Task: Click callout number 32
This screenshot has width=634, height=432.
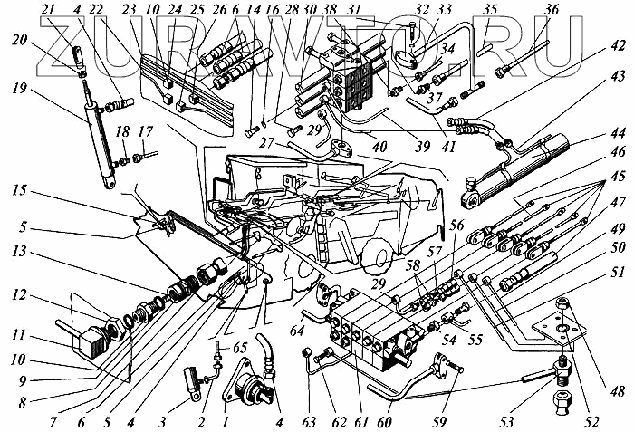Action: point(419,9)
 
